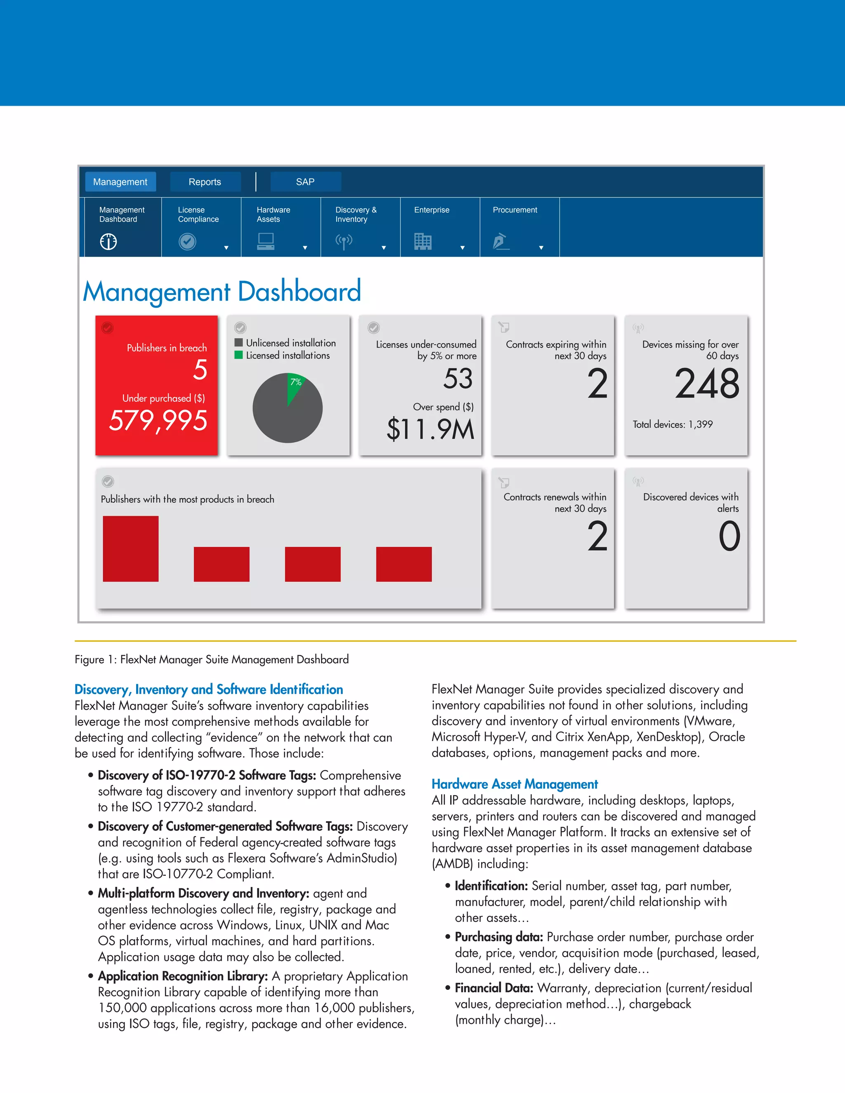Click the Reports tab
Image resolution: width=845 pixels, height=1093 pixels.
(x=205, y=181)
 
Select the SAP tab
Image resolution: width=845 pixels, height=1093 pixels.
(x=305, y=181)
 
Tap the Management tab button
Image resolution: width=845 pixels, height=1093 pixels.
(x=120, y=181)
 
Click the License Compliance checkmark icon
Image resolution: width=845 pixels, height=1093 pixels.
(x=187, y=242)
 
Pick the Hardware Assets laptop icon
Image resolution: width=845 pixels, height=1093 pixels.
(x=265, y=242)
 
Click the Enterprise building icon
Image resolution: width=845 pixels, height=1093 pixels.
(x=422, y=242)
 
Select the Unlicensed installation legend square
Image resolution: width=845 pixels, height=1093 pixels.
(x=239, y=343)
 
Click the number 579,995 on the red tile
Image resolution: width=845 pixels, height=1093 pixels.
(x=158, y=420)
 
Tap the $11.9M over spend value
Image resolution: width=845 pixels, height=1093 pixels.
(x=430, y=429)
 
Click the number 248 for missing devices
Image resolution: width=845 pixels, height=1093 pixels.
(x=706, y=384)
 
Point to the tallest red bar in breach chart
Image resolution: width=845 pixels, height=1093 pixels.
(x=131, y=549)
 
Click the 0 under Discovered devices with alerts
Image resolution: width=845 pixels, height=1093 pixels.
(x=729, y=537)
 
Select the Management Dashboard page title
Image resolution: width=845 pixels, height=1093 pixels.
(x=222, y=291)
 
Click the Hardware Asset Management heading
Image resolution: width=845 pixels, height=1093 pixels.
(x=515, y=784)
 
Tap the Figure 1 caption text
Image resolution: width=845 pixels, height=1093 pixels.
(x=211, y=660)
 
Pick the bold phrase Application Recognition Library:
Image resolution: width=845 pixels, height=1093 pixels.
(x=183, y=976)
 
